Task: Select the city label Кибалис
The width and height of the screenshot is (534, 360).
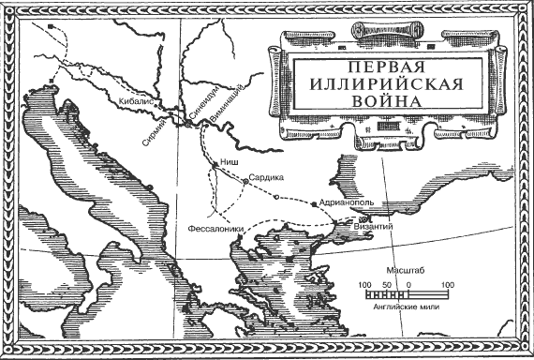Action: coord(137,97)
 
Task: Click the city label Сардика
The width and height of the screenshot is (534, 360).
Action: coord(265,175)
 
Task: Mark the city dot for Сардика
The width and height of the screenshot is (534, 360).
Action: coord(245,179)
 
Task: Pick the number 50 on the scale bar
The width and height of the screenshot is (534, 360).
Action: coord(387,283)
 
